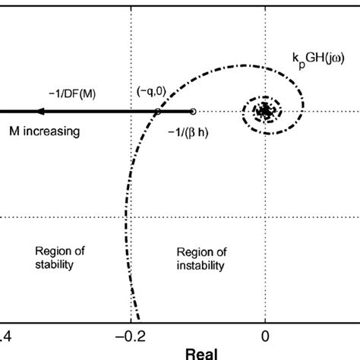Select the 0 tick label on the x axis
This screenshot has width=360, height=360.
264,336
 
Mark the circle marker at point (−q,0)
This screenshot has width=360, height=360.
157,112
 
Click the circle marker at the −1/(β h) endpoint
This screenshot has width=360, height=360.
193,112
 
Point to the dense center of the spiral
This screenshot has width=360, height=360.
264,112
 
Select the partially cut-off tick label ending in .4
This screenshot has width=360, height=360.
5,336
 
